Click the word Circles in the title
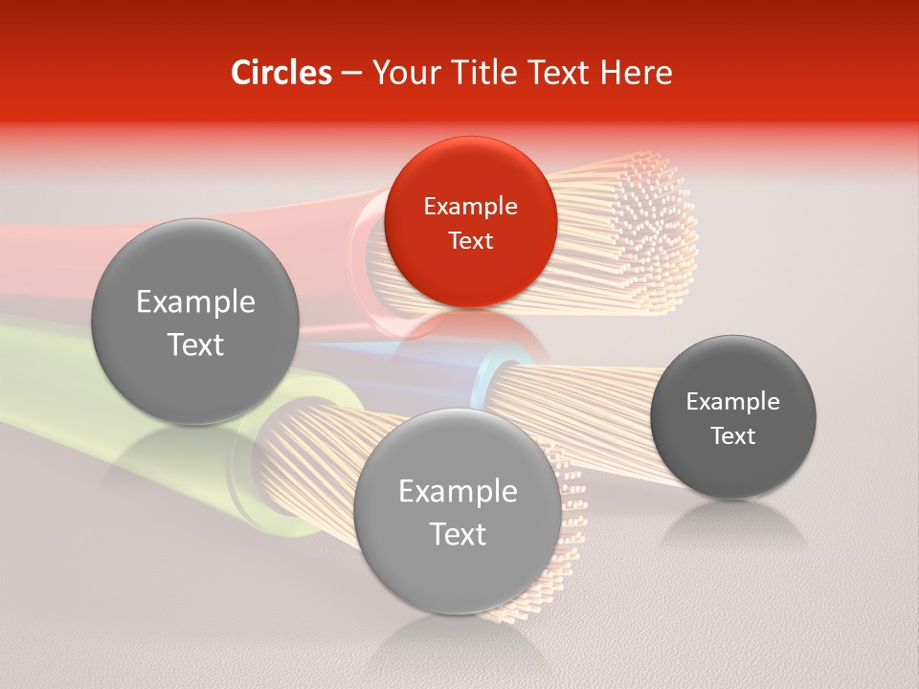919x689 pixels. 280,72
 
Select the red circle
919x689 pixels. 470,222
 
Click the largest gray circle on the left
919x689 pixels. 195,322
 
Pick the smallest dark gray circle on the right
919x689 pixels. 732,417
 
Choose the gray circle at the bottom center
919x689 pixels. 458,512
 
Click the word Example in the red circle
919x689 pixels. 470,206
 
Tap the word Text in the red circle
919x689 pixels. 470,240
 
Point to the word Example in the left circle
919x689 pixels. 195,302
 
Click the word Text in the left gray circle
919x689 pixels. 195,344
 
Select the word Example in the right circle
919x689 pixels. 732,401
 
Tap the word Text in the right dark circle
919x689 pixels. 732,435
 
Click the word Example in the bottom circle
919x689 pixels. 458,492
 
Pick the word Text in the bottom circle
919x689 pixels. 458,534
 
